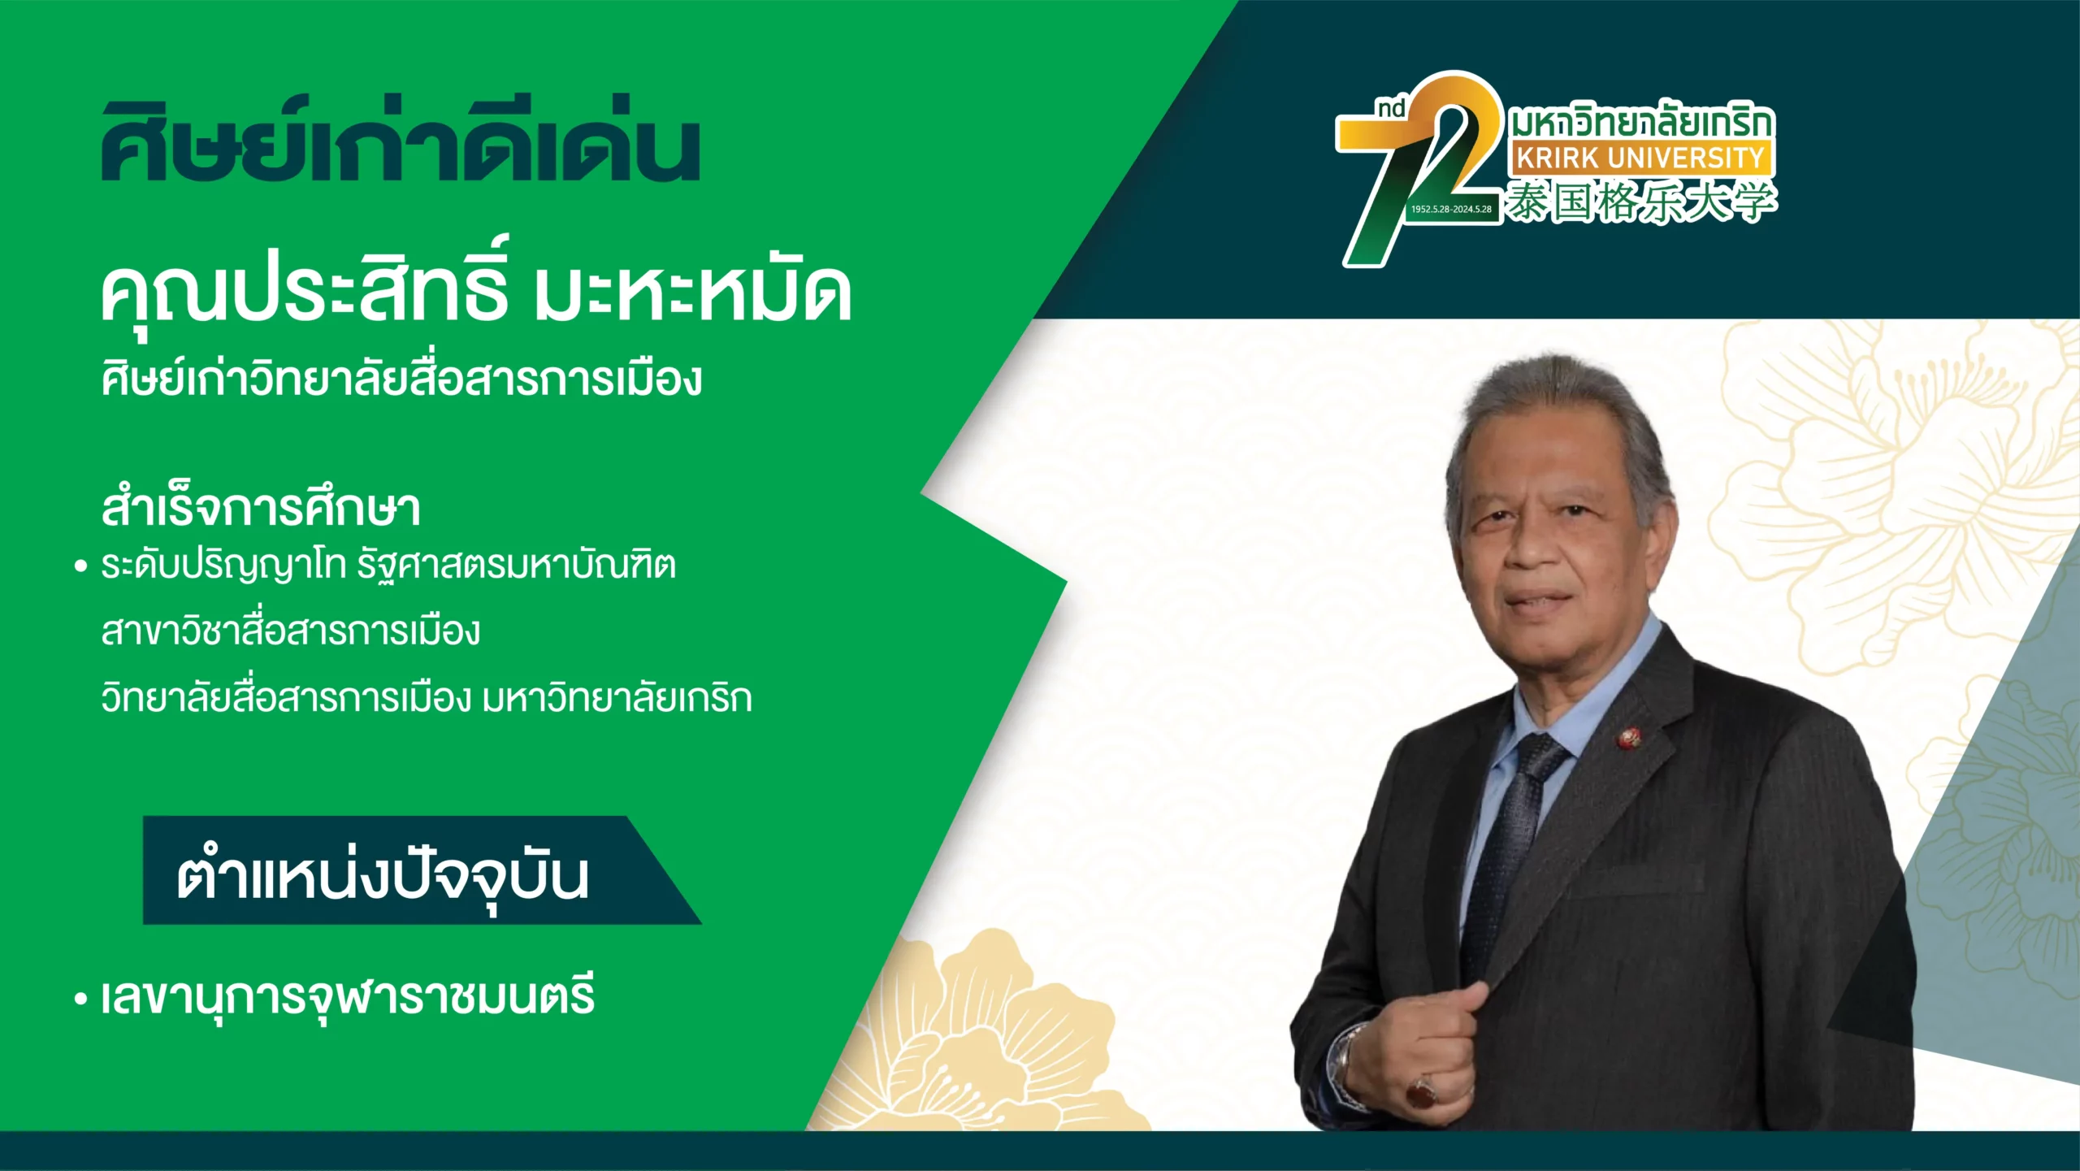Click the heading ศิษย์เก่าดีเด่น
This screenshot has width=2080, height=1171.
click(401, 140)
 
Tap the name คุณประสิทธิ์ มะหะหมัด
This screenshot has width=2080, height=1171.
click(476, 288)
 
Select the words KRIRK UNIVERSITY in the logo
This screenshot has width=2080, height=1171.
click(1640, 157)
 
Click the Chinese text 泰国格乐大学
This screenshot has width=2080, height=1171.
click(1642, 202)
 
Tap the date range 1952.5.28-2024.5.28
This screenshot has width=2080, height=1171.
click(1451, 209)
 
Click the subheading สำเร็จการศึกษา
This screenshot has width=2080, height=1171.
click(261, 507)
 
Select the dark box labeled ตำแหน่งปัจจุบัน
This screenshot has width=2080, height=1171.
click(422, 870)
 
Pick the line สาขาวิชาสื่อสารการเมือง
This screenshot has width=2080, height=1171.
click(291, 631)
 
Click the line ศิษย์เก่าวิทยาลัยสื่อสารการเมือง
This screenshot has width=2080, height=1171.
click(401, 378)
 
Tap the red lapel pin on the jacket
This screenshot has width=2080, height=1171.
click(1627, 737)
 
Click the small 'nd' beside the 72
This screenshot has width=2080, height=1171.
click(1391, 108)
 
